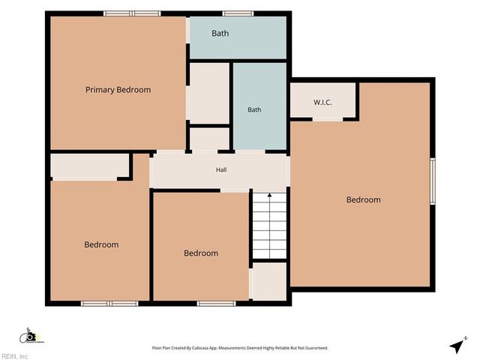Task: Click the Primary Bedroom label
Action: coord(118,90)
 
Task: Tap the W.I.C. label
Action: coord(322,102)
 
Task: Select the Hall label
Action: coord(221,169)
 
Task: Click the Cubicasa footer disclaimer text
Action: coord(240,348)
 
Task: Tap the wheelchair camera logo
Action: coord(31,336)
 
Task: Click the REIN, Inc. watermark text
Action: coord(14,356)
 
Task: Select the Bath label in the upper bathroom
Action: coord(220,33)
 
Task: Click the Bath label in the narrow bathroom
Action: coord(254,109)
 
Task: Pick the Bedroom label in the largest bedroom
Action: coord(363,200)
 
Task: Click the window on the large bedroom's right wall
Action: coord(433,181)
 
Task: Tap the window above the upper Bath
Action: coord(238,13)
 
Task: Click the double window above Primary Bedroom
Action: coord(132,13)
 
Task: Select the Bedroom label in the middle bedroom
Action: coord(201,253)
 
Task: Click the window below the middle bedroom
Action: coord(217,303)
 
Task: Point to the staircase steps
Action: coord(269,226)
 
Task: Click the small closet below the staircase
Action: coord(269,281)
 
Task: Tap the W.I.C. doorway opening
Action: coord(328,119)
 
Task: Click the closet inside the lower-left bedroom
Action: coord(90,165)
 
